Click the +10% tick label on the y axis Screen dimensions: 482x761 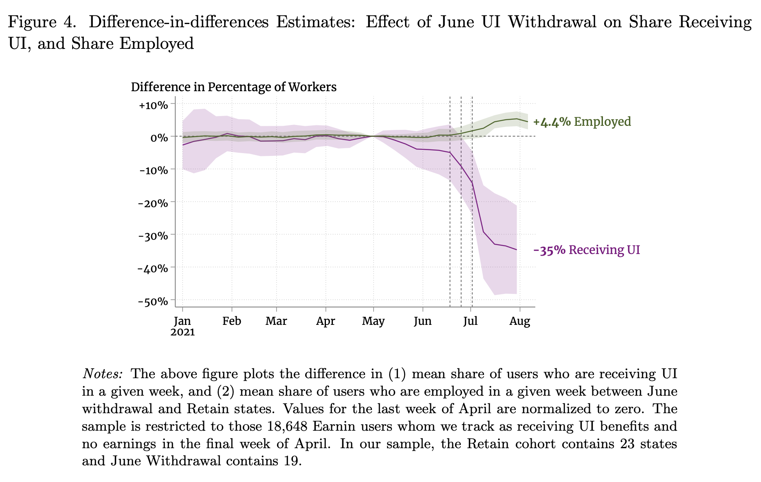tap(153, 105)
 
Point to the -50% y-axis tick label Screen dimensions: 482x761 tap(153, 302)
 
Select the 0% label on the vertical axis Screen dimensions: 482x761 tap(158, 138)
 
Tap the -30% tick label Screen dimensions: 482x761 tap(153, 236)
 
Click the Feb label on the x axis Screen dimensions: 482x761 tap(232, 321)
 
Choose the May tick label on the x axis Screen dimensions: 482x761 tap(373, 321)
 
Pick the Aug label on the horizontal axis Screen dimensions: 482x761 tap(520, 321)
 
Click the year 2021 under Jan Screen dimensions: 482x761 tap(183, 332)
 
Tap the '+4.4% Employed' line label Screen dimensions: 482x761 tap(582, 122)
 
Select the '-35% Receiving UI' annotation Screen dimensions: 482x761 tap(587, 250)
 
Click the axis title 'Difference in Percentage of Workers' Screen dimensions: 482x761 tap(233, 87)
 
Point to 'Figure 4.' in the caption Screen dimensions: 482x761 tap(42, 22)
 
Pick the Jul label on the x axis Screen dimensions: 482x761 tap(471, 321)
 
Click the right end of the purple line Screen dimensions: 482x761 tap(517, 250)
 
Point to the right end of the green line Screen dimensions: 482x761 tap(528, 122)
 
